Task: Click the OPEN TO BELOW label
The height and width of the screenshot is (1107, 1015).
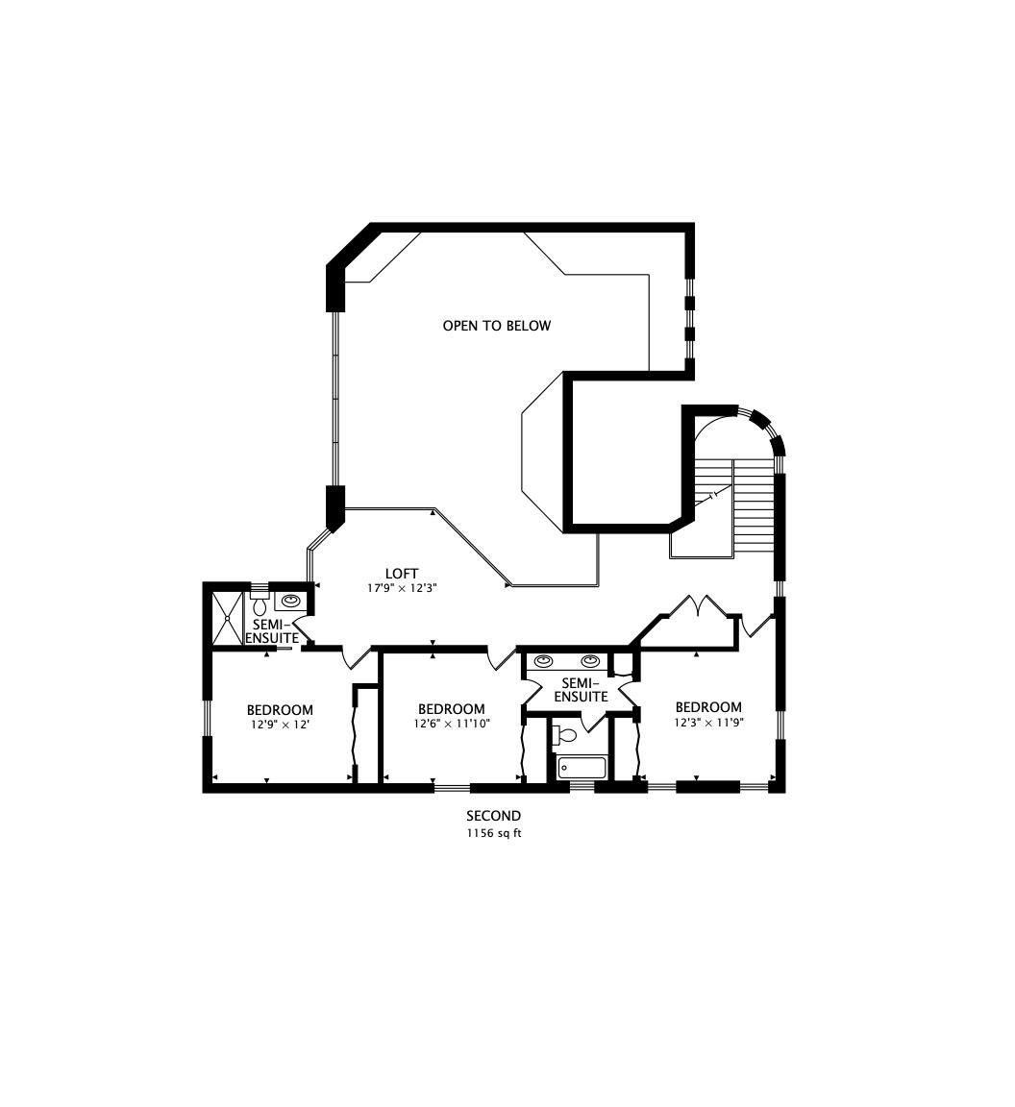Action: pos(497,326)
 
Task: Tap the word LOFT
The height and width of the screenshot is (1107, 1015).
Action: pos(401,574)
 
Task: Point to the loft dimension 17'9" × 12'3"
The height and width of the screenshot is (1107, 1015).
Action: pos(401,587)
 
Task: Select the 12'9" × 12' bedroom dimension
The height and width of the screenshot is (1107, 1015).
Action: pos(280,724)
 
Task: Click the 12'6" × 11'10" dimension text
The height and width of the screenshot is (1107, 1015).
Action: pos(452,723)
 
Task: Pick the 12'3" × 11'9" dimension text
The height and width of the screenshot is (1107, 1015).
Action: pos(708,723)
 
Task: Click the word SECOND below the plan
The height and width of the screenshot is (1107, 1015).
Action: pos(494,816)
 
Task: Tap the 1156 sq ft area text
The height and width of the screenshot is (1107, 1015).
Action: pos(494,833)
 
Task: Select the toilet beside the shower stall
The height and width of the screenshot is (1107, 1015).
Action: pos(260,603)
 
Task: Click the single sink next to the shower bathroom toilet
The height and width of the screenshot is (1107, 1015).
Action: pos(290,601)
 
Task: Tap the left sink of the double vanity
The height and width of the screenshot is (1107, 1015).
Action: pos(543,661)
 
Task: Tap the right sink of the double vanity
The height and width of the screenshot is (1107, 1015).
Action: pos(590,661)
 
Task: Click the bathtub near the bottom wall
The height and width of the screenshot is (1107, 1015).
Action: pos(582,768)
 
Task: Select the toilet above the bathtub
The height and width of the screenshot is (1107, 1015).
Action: pos(566,735)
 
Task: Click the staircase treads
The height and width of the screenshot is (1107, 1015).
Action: pos(755,507)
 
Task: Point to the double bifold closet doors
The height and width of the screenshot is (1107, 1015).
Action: pos(697,607)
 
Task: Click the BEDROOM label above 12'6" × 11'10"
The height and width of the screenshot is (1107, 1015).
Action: pos(452,709)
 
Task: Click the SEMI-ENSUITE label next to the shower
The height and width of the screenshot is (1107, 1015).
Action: pos(272,631)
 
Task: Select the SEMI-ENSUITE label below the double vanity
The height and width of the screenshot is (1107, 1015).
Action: pos(581,690)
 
